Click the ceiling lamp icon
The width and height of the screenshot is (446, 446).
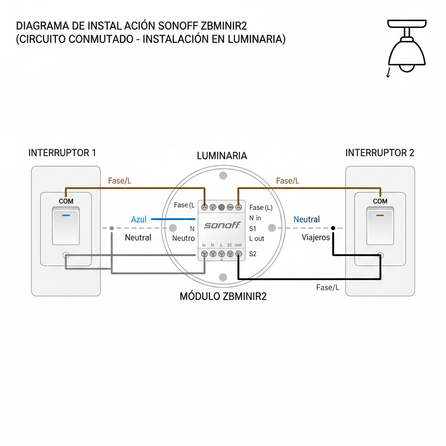coord(406,48)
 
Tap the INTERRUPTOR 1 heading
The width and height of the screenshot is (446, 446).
coord(62,153)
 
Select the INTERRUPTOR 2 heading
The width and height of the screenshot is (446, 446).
coord(379,153)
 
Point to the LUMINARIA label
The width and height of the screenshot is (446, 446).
coord(222,156)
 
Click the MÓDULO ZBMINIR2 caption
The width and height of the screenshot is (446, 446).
coord(223,297)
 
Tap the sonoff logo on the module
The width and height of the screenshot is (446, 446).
coord(222,225)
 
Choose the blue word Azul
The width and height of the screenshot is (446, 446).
coord(139,220)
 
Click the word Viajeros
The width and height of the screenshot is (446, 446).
coord(316,237)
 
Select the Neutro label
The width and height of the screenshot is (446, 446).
coord(183,238)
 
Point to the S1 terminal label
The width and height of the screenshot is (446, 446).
coord(253,228)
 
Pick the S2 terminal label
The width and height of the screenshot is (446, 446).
coord(253,253)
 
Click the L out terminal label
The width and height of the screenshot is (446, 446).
coord(257,239)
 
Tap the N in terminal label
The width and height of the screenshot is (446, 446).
coord(255,218)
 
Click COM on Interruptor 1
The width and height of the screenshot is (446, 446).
coord(66,201)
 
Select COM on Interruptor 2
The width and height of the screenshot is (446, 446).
coord(380,201)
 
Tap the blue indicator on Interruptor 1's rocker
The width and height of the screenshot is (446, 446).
coord(66,215)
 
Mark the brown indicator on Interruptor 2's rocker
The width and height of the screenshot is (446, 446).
coord(380,215)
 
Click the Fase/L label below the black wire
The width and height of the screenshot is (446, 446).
coord(328,287)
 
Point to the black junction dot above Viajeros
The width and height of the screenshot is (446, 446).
coord(333,228)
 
